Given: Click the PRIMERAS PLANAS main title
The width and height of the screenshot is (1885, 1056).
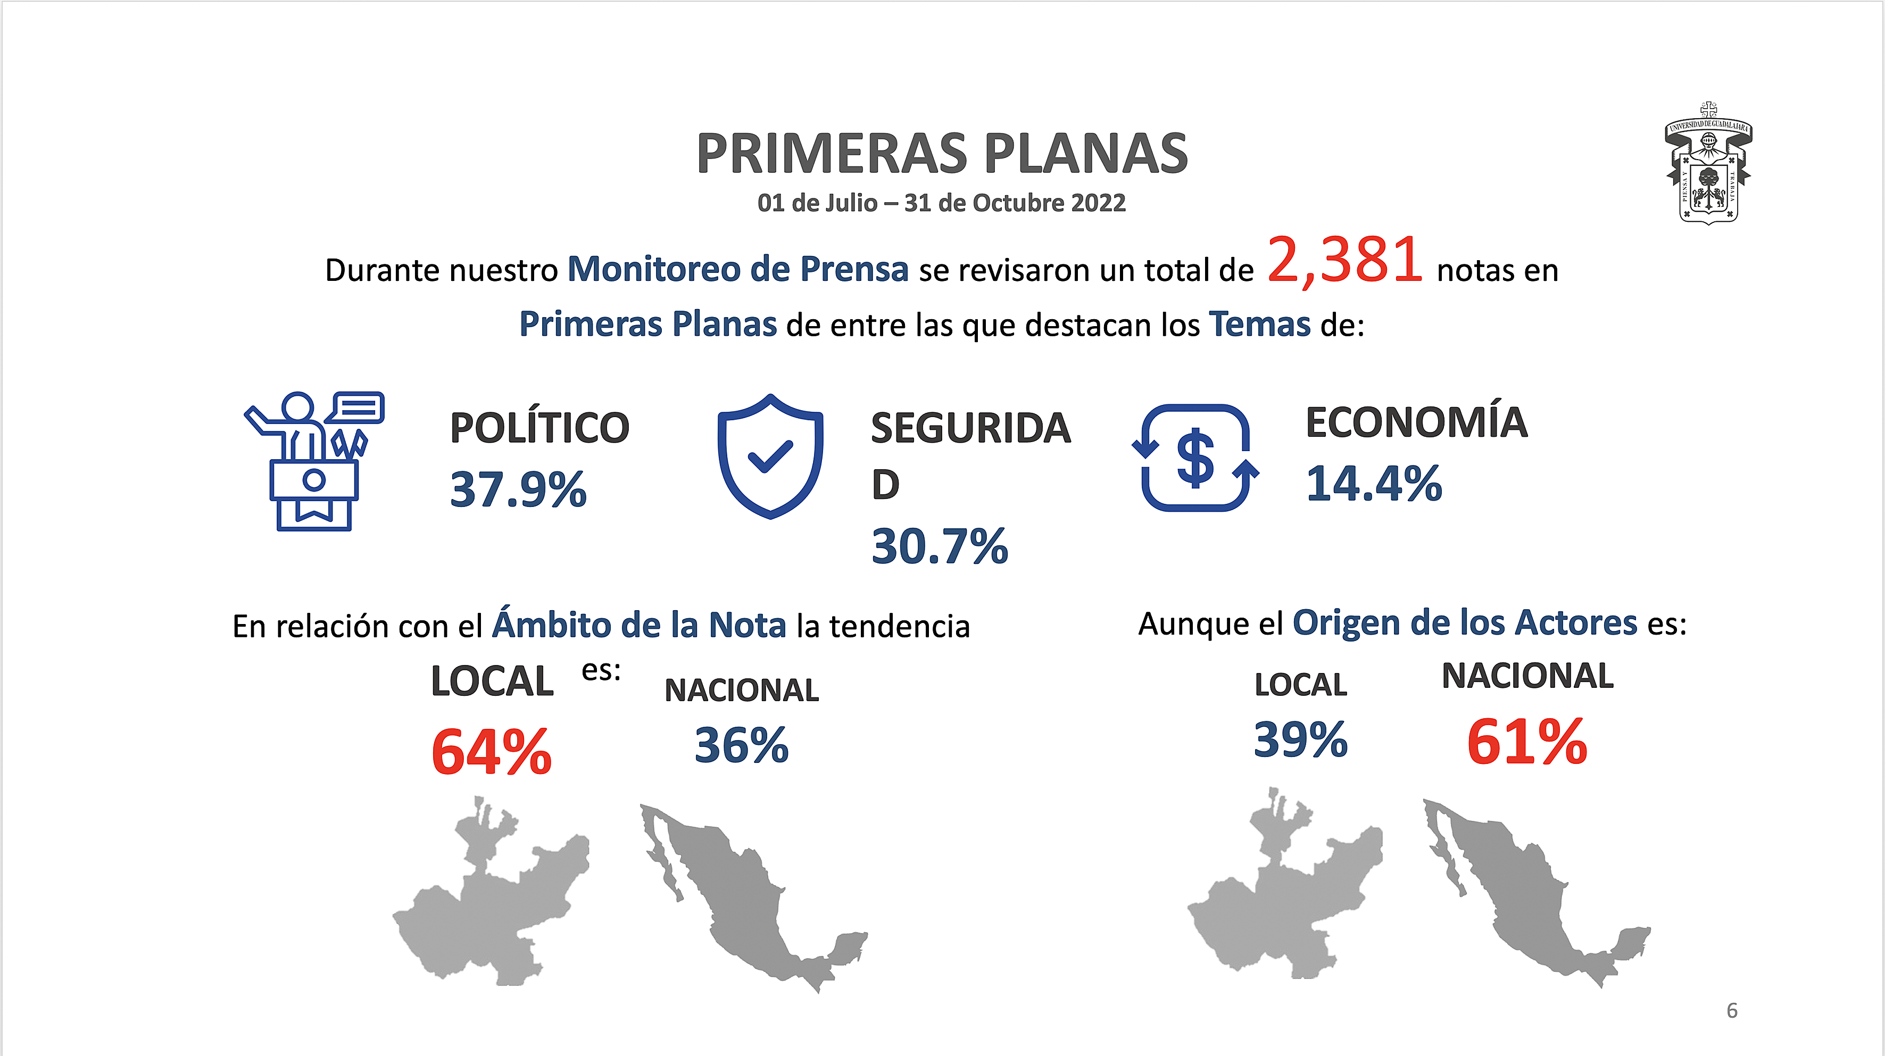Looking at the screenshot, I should [x=942, y=154].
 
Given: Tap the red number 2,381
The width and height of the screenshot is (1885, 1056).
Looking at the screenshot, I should [x=1345, y=261].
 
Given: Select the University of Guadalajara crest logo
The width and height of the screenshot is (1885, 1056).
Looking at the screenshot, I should [x=1709, y=163].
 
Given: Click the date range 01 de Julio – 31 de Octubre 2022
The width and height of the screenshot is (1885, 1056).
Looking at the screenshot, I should [x=941, y=203].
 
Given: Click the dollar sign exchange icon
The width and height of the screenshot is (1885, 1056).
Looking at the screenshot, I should [x=1195, y=458].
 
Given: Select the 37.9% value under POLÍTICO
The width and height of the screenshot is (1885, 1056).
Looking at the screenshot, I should [x=518, y=489].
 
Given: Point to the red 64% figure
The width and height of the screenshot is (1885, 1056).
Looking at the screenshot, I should [x=491, y=752].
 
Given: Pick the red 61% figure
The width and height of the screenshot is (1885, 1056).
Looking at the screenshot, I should [x=1527, y=742].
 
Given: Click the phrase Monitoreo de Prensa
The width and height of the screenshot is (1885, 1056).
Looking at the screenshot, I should [x=737, y=269].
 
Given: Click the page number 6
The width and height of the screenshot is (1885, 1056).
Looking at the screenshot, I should [x=1731, y=1011].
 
